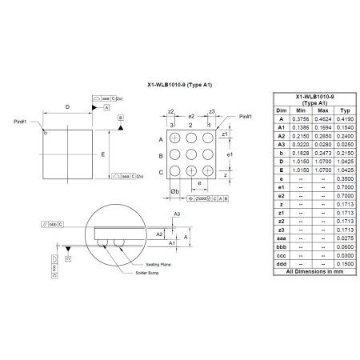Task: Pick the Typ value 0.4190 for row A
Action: pyautogui.click(x=345, y=118)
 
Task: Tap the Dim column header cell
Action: pyautogui.click(x=281, y=110)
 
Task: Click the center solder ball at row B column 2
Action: pyautogui.click(x=190, y=155)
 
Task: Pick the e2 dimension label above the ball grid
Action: pyautogui.click(x=190, y=116)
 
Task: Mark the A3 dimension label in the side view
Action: pyautogui.click(x=176, y=214)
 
